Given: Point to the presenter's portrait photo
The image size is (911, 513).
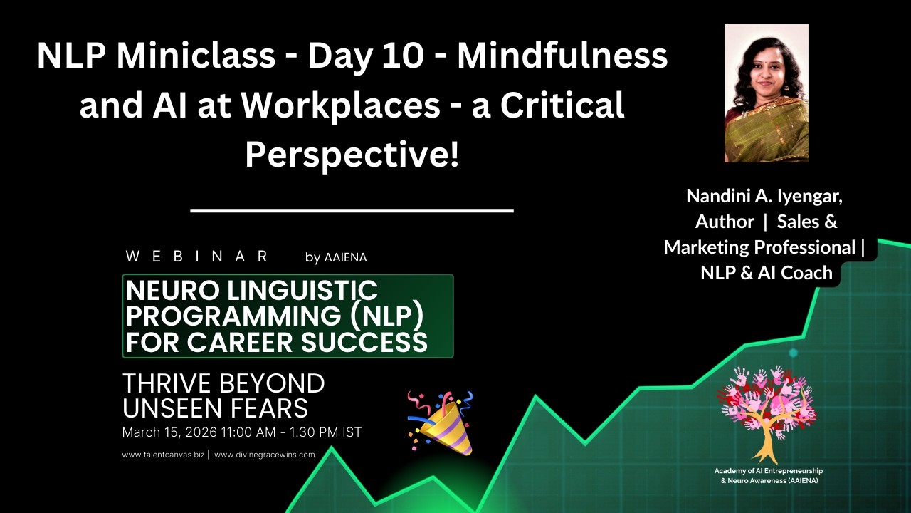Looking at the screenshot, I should [x=766, y=93].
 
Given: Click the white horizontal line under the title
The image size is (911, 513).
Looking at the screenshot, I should [x=352, y=211].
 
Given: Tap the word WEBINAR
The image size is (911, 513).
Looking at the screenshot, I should [x=197, y=256].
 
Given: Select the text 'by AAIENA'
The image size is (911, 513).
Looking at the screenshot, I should [x=336, y=257].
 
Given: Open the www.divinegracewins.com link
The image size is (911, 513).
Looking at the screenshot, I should [x=264, y=455].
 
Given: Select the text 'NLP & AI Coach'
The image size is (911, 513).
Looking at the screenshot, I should [x=766, y=272].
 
